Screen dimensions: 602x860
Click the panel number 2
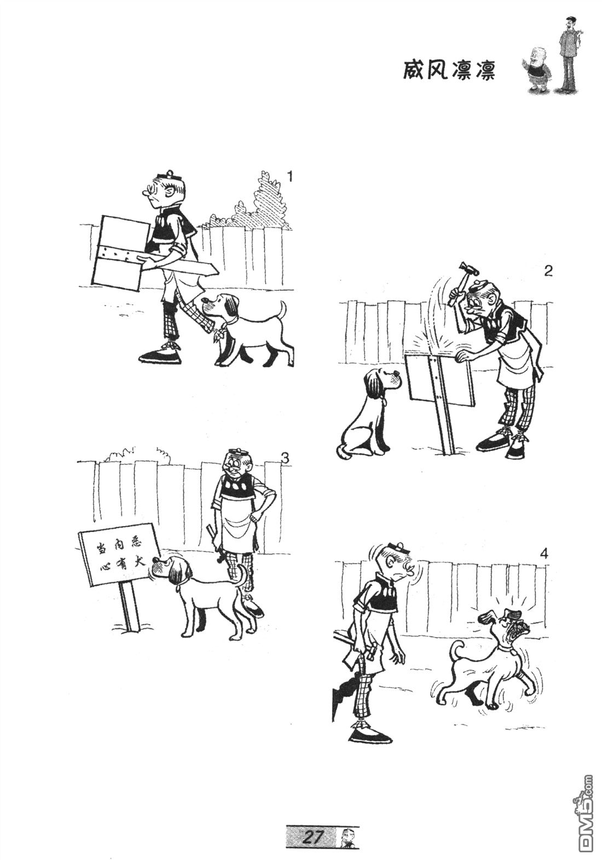tap(548, 271)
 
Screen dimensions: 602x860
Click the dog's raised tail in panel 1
tap(282, 309)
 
